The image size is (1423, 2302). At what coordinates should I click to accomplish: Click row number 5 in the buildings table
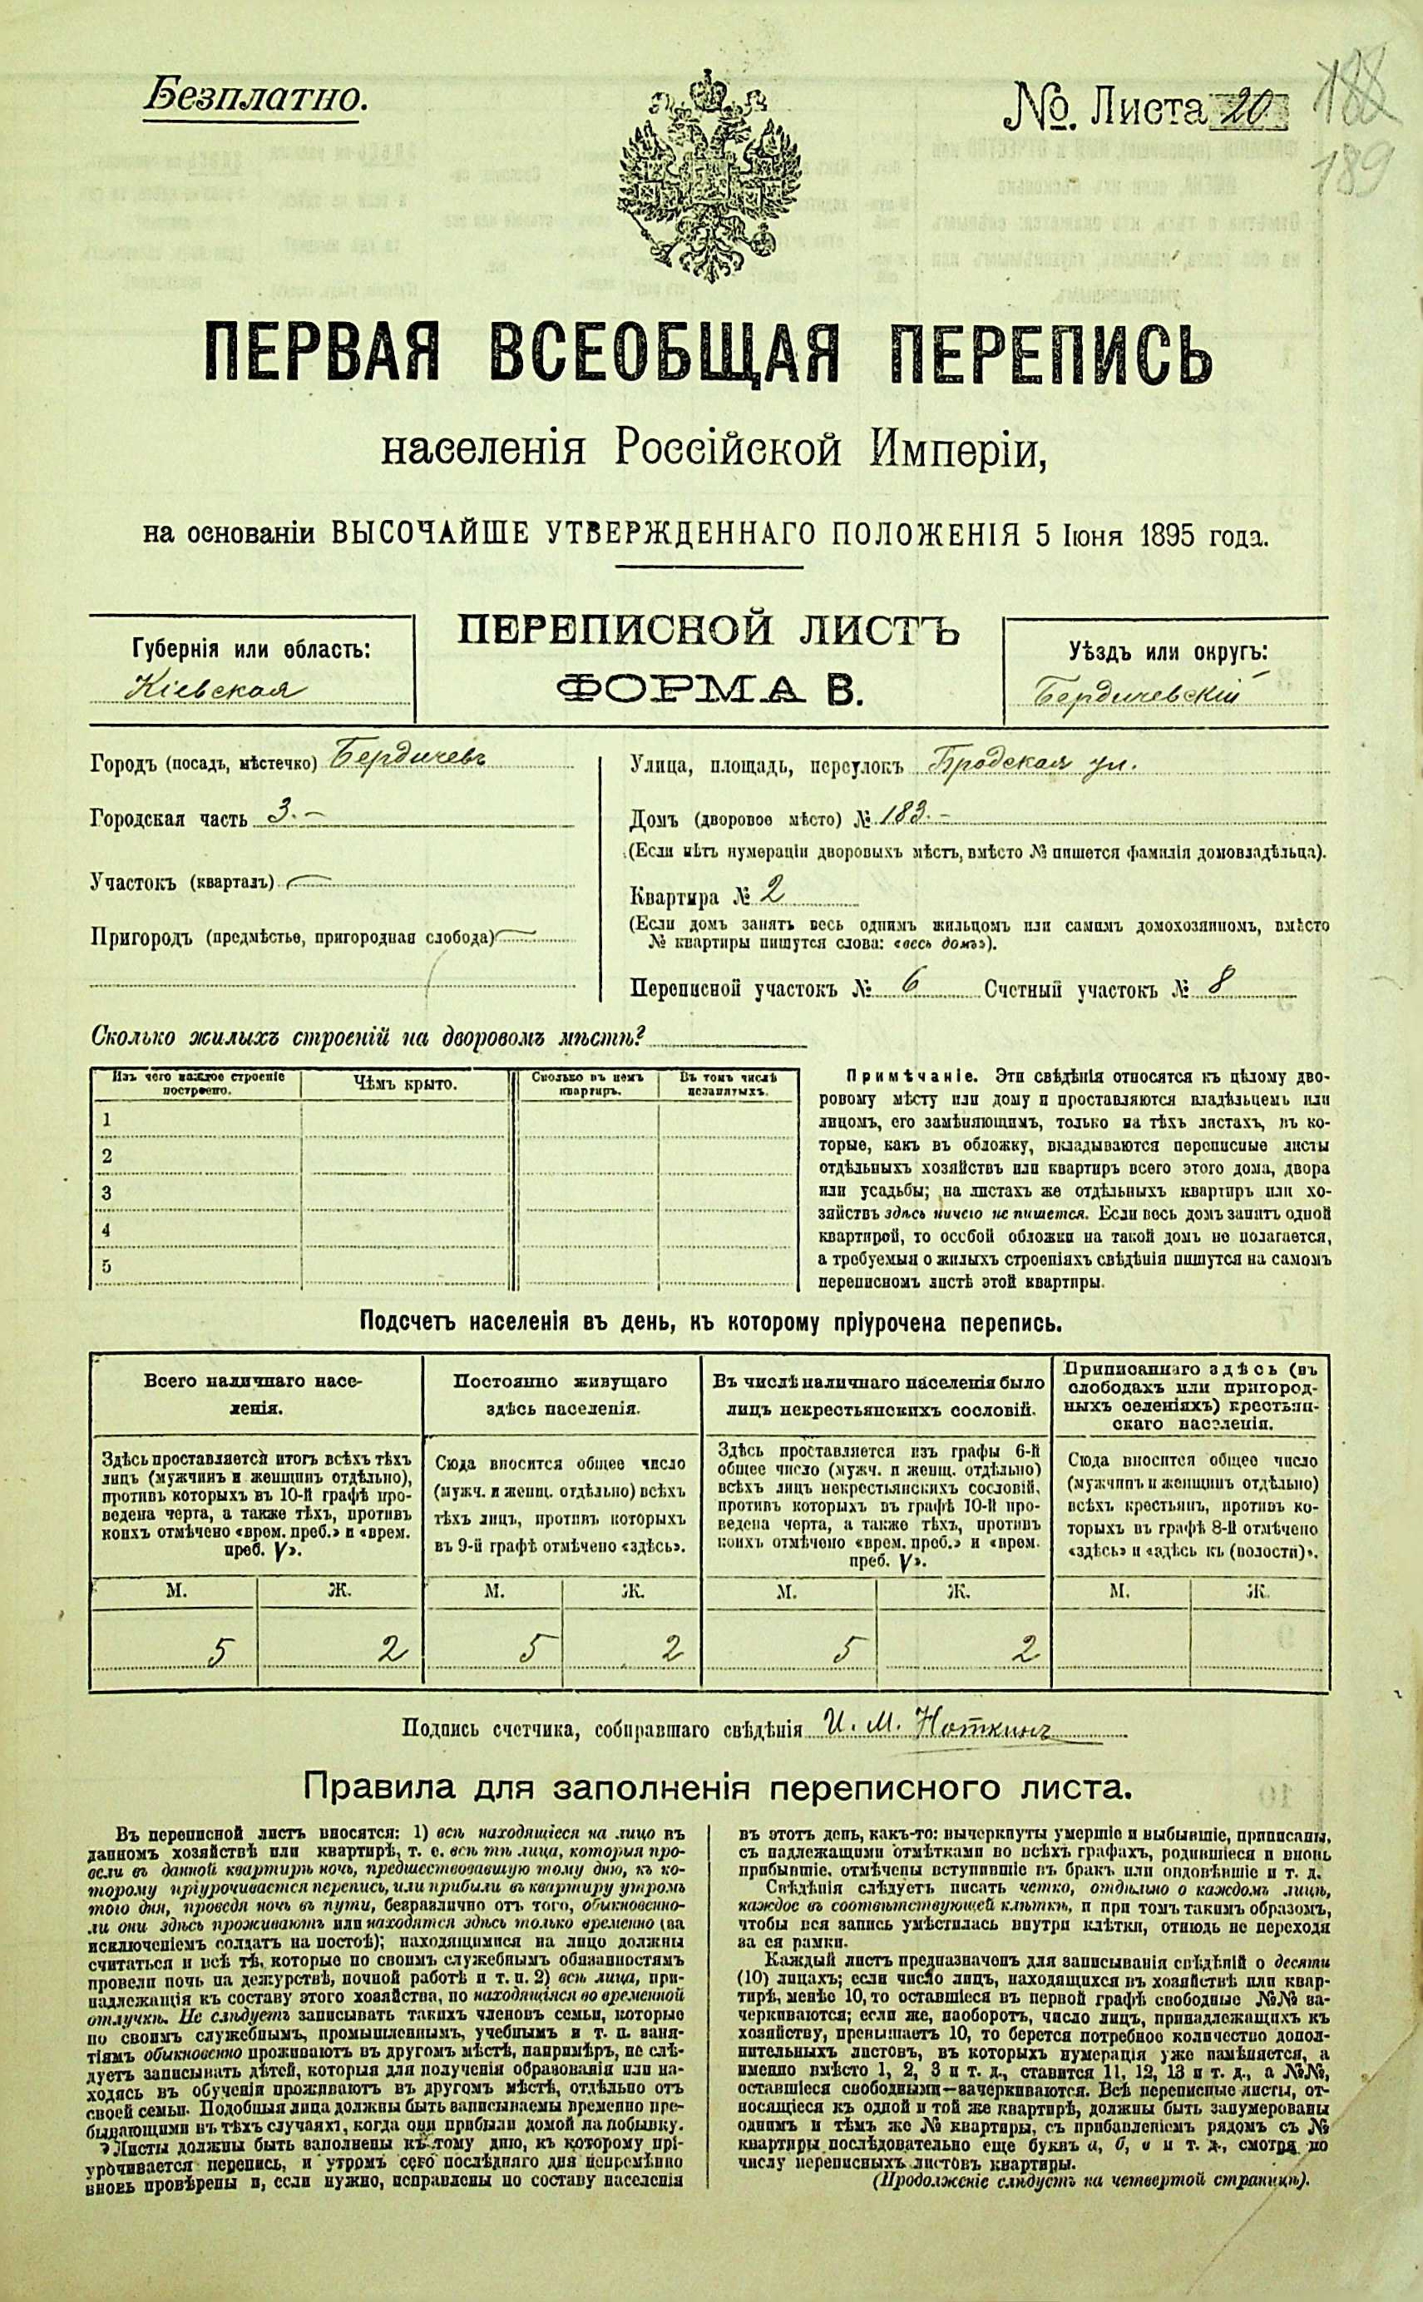coord(106,1265)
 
